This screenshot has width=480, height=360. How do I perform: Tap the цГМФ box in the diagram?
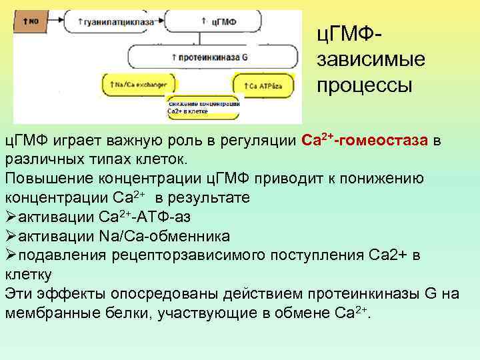click(220, 22)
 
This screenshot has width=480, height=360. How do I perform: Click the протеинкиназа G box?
click(213, 57)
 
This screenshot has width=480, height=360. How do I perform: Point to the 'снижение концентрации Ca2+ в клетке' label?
click(203, 108)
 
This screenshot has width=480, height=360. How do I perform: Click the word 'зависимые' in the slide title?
click(370, 60)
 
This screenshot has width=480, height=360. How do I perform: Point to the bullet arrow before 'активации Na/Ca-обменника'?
click(11, 236)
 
